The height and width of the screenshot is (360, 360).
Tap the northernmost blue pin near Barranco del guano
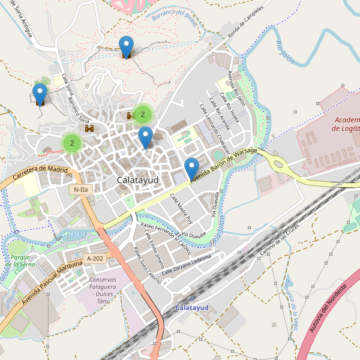[126, 46]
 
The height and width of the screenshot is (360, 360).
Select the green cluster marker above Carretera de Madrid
[72, 143]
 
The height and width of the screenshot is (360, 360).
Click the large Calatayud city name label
[138, 180]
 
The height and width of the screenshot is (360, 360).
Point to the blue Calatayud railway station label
[191, 308]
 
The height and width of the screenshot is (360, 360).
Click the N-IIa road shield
[81, 190]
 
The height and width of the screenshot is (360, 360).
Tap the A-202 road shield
[95, 258]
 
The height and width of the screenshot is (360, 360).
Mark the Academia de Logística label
[346, 124]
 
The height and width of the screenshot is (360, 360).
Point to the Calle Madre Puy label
[181, 208]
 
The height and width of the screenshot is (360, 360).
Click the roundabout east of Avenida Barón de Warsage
[277, 163]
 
